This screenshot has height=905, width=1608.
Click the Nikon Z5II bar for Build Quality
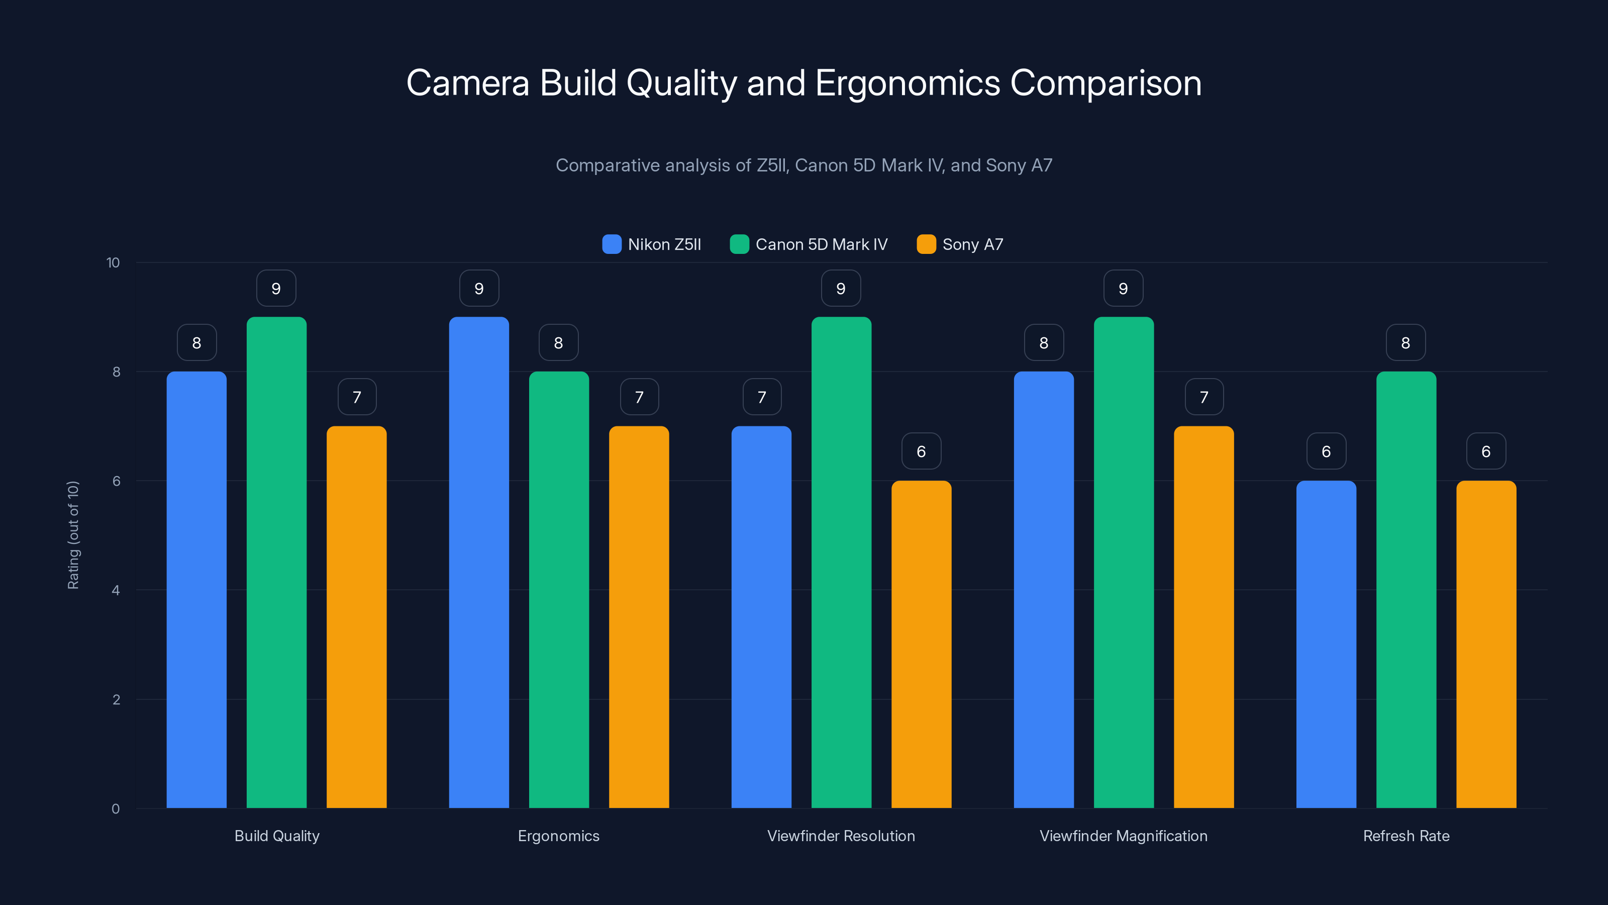196,590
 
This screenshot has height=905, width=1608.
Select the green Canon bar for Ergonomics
559,590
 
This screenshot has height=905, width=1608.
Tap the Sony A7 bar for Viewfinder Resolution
922,644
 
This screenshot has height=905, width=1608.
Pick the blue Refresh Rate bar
1326,644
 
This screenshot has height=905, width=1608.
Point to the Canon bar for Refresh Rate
1406,590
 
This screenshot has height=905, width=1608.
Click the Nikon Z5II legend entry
652,244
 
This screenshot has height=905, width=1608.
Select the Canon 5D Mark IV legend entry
809,244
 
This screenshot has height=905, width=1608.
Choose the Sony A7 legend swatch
926,244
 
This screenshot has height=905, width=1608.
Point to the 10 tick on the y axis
113,262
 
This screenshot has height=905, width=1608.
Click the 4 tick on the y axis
116,590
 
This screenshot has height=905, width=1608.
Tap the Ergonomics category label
559,836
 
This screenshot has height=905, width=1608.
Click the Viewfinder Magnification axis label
1124,836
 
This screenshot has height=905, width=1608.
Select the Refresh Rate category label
1406,836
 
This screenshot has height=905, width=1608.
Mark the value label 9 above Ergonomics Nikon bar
479,289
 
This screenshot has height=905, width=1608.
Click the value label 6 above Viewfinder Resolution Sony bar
922,451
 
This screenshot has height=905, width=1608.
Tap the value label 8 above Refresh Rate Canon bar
1406,343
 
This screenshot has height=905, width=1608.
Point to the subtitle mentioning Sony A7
804,165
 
